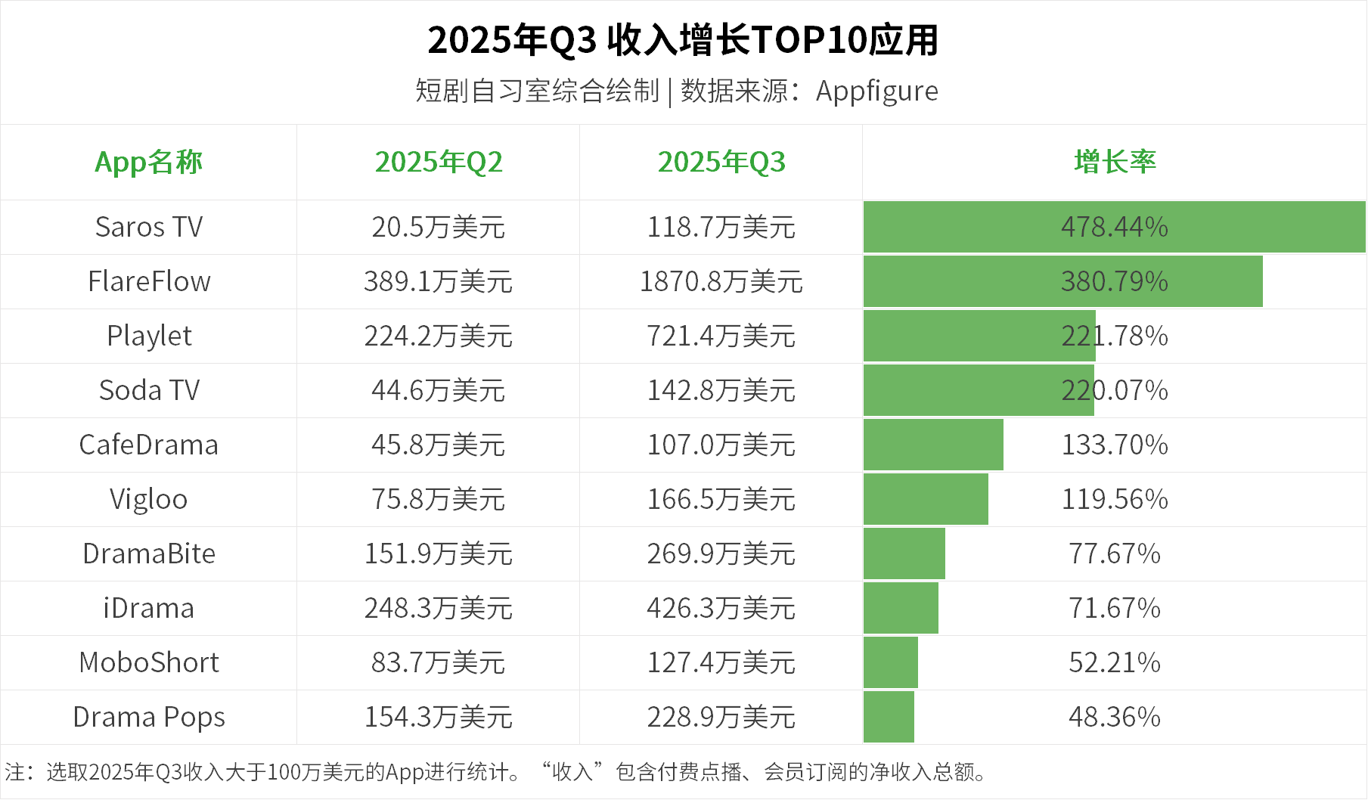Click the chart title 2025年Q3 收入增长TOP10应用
point(683,40)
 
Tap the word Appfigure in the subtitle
point(876,91)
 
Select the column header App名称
point(148,162)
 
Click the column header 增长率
point(1115,162)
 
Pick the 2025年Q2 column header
point(439,162)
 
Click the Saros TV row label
point(149,227)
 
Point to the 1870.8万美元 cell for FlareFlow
point(721,281)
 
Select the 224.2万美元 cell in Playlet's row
point(439,336)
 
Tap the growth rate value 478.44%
point(1115,227)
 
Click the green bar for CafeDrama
point(933,445)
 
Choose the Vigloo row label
point(148,499)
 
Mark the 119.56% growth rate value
point(1115,499)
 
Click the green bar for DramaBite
point(904,553)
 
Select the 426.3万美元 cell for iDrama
point(721,608)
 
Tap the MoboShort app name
point(149,662)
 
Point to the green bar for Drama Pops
point(889,717)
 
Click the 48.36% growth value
point(1115,717)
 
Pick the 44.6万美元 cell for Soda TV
point(439,390)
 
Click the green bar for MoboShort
point(891,662)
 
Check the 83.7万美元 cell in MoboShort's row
point(439,662)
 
